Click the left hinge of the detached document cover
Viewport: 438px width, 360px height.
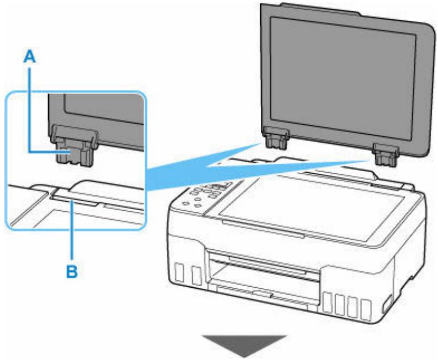(x=277, y=139)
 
